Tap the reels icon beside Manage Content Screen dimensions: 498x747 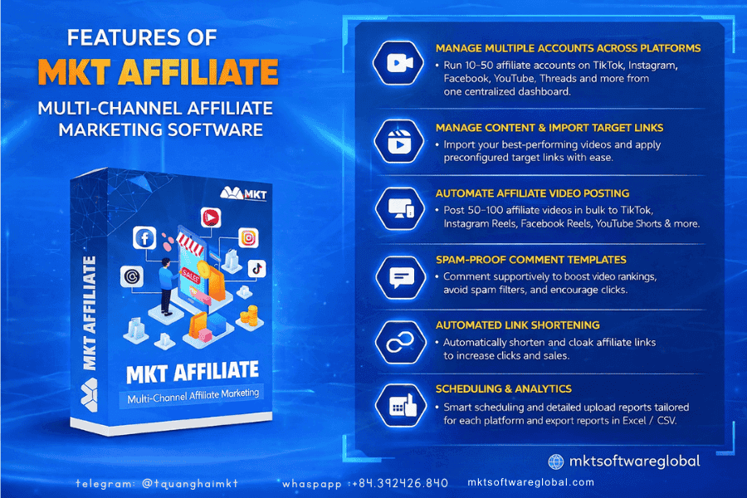click(401, 139)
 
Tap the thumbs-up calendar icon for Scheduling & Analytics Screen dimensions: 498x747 click(401, 404)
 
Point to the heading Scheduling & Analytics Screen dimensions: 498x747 click(503, 388)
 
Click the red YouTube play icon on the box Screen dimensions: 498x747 click(211, 217)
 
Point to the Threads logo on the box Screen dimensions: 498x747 click(131, 276)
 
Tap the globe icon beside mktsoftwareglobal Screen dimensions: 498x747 click(556, 461)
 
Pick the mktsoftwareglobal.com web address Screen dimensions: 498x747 click(531, 482)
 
